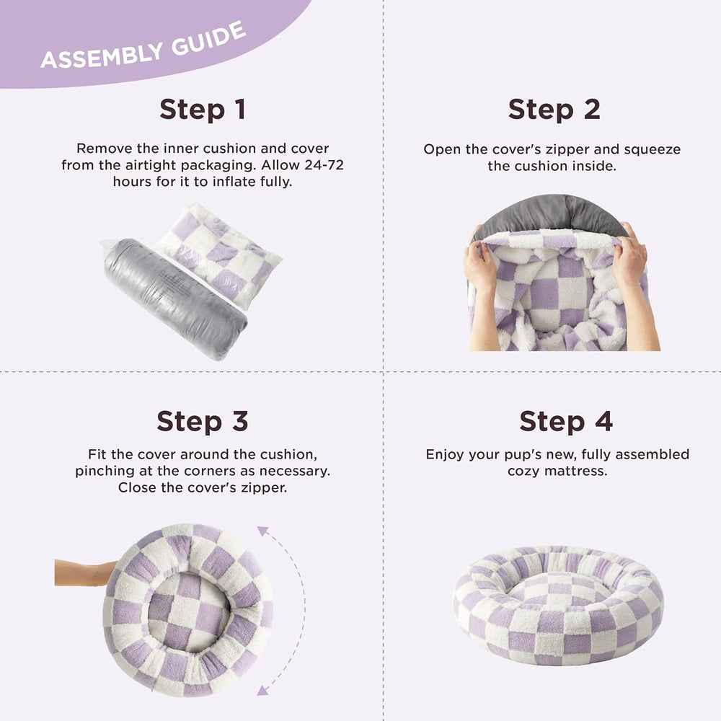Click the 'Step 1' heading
click(203, 110)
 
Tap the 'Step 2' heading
click(554, 110)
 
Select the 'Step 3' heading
click(203, 421)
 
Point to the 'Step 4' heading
click(565, 421)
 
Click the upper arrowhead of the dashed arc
click(262, 531)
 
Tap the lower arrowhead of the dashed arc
click(262, 690)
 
